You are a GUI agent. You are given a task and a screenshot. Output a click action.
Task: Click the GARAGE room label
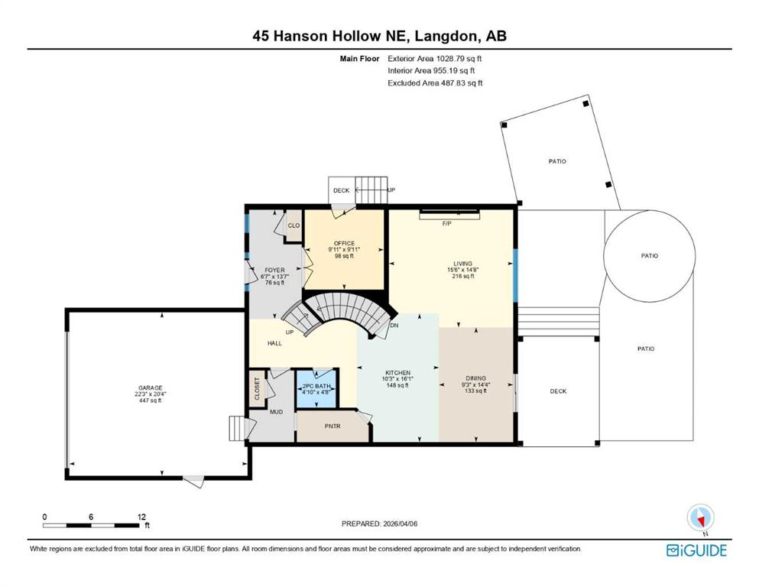(150, 388)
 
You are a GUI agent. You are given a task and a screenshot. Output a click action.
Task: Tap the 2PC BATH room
(316, 388)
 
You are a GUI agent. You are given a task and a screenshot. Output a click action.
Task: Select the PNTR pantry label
(332, 426)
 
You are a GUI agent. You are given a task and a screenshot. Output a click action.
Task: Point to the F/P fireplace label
(447, 224)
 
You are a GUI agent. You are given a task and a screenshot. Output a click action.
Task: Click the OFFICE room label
(344, 243)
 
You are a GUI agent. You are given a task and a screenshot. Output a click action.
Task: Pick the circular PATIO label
(650, 255)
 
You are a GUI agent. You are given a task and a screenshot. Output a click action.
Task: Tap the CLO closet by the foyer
(294, 225)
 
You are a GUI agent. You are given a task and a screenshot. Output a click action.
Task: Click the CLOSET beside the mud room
(257, 388)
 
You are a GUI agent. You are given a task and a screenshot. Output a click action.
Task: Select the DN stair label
(394, 325)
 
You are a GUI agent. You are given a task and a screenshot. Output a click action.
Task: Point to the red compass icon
(700, 519)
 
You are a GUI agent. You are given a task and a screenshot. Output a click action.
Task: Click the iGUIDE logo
(696, 550)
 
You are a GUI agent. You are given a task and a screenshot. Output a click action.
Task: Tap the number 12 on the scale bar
(141, 517)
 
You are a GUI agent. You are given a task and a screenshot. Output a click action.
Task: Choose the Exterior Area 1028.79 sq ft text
(435, 59)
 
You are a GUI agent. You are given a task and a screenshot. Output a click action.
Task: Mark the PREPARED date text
(379, 524)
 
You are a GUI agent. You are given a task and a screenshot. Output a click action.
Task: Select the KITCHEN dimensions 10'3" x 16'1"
(397, 379)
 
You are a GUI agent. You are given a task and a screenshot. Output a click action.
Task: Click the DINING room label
(476, 378)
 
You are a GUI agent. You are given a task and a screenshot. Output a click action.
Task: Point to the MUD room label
(277, 412)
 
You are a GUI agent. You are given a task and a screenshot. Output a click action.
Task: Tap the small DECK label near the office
(341, 190)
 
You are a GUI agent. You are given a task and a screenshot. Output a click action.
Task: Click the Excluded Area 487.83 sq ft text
(435, 83)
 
